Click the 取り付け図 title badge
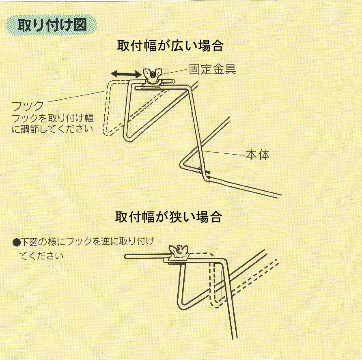pyautogui.click(x=51, y=25)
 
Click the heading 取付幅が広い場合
pyautogui.click(x=170, y=46)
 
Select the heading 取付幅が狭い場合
pyautogui.click(x=168, y=217)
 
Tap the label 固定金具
pyautogui.click(x=212, y=69)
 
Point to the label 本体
pyautogui.click(x=257, y=155)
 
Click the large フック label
pyautogui.click(x=28, y=106)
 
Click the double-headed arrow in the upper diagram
pyautogui.click(x=126, y=74)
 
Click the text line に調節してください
pyautogui.click(x=52, y=128)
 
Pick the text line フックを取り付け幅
pyautogui.click(x=53, y=118)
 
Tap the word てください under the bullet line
pyautogui.click(x=41, y=256)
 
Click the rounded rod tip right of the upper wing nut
pyautogui.click(x=173, y=81)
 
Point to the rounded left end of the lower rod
pyautogui.click(x=126, y=256)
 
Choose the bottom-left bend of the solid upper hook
pyautogui.click(x=127, y=138)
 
